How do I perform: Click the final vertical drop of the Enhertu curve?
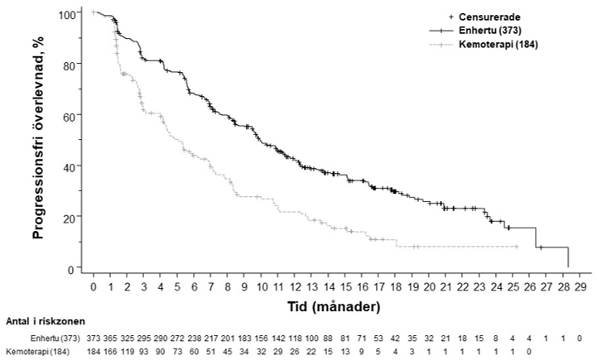[568, 257]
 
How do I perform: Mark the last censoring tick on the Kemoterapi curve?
[517, 247]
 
